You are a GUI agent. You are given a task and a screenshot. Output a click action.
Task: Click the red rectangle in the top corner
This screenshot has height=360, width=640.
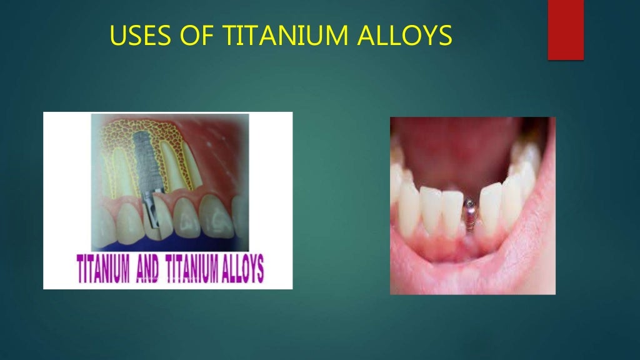click(x=566, y=30)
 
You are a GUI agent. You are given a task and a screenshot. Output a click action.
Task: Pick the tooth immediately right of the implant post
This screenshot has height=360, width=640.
click(x=490, y=209)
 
